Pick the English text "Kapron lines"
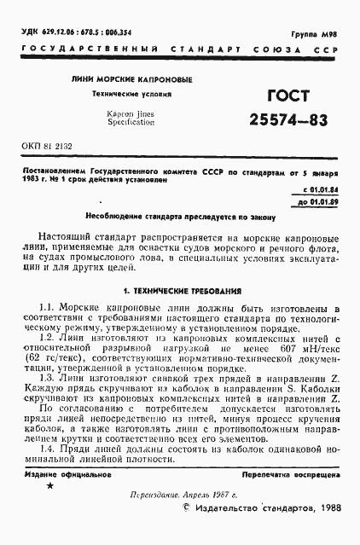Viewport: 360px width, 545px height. [x=131, y=113]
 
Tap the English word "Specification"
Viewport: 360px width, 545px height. [x=131, y=123]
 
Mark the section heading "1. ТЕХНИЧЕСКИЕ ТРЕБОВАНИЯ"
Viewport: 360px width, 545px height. [x=182, y=290]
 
